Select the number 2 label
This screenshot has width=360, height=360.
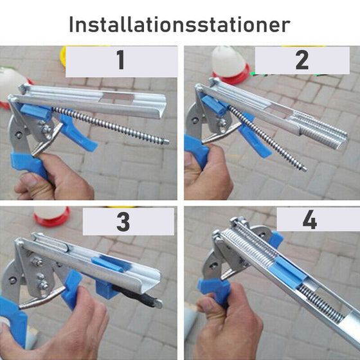pyautogui.click(x=301, y=61)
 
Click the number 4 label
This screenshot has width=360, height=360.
pyautogui.click(x=310, y=220)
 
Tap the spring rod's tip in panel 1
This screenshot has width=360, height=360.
pyautogui.click(x=166, y=142)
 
